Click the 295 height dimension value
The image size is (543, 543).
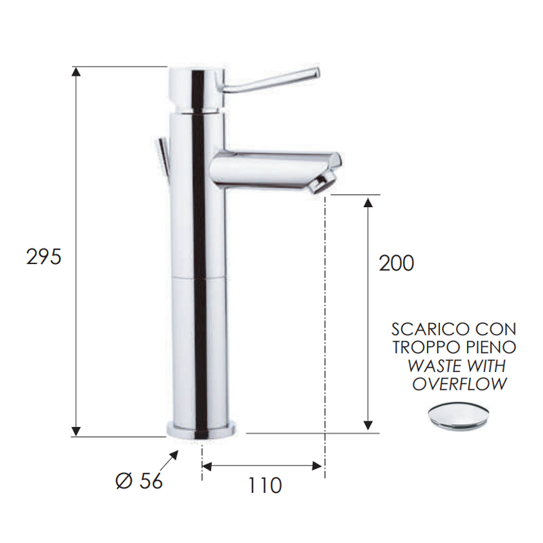tap(44, 257)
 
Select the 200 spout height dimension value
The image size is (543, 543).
tap(396, 263)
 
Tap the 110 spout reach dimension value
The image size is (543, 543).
tap(263, 486)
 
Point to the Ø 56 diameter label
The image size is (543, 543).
tap(140, 481)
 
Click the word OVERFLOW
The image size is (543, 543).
tap(460, 384)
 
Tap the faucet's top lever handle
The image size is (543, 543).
tap(271, 81)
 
